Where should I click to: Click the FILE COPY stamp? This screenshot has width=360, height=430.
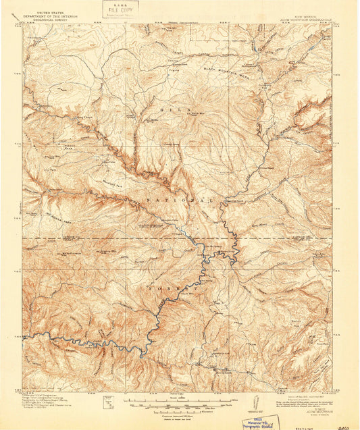[120, 9]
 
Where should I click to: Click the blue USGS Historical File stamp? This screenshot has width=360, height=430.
[258, 422]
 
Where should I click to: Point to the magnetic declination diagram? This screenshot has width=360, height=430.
[255, 402]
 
